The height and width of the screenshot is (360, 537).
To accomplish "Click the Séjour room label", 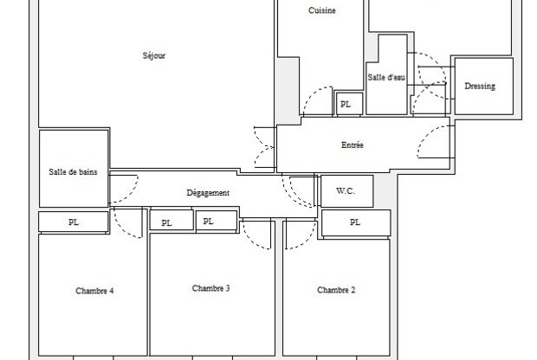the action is [x=154, y=55].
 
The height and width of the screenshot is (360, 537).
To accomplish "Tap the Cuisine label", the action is [x=322, y=10].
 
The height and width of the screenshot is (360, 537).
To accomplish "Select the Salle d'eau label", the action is [x=386, y=77].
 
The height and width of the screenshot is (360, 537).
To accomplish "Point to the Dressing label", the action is [x=480, y=87].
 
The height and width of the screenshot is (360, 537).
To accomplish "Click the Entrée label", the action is [x=352, y=145].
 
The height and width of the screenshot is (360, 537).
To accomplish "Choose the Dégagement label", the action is [x=208, y=193].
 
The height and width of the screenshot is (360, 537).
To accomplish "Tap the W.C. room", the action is [x=346, y=191].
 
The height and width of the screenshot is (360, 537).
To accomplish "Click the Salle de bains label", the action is [x=73, y=172].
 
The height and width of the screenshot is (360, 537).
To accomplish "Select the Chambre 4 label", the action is [x=94, y=291].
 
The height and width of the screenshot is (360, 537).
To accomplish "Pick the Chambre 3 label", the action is [x=211, y=288].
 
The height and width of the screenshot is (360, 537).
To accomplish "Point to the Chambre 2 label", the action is [x=336, y=290].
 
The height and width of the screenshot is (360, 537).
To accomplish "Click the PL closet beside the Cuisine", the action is [x=349, y=104].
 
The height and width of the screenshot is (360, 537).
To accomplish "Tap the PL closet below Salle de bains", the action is [x=74, y=222].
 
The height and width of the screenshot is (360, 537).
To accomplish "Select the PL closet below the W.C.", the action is [x=356, y=222].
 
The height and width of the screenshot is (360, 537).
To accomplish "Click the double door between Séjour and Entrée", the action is [x=265, y=147].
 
